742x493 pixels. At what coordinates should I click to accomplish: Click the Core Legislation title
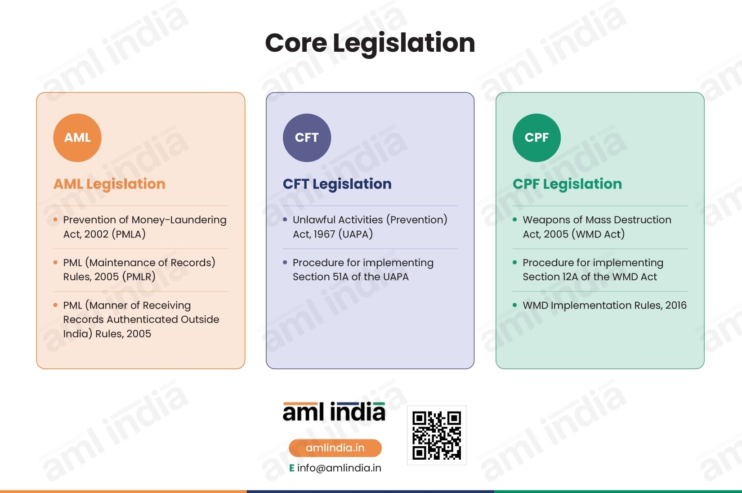point(370,43)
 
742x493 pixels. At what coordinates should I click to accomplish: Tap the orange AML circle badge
point(77,138)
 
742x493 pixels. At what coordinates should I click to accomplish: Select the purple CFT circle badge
point(307,138)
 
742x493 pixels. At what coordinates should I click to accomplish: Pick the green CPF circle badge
point(536,138)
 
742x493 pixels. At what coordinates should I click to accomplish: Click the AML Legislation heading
point(109,184)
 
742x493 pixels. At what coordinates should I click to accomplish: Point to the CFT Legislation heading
point(337,184)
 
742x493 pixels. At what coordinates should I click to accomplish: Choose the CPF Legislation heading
point(567,184)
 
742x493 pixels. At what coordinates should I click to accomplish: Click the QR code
point(437,435)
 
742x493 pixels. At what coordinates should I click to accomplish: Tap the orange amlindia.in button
point(335,448)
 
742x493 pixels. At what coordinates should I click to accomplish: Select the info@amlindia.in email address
point(339,468)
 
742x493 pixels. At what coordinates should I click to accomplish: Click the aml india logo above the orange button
point(334,412)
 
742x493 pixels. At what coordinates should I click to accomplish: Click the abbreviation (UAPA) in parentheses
point(356,234)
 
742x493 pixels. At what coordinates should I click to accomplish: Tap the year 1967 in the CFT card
point(324,234)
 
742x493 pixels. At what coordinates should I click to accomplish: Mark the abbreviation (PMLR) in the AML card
point(139,277)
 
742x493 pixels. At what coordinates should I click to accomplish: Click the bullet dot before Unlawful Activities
point(285,220)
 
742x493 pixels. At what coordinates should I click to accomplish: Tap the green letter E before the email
point(291,468)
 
